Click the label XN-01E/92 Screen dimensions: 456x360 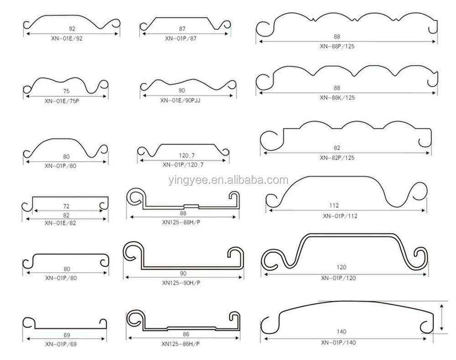[x=67, y=38]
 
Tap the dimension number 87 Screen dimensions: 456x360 [x=182, y=29]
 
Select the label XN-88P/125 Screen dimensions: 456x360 [x=337, y=46]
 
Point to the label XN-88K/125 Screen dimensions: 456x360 [x=337, y=98]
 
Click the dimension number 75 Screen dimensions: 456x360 [x=66, y=91]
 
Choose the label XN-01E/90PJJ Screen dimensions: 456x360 [x=180, y=100]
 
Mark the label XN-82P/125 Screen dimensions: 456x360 [x=337, y=158]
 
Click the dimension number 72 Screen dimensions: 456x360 [x=66, y=206]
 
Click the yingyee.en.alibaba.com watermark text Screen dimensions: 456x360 [x=228, y=180]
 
